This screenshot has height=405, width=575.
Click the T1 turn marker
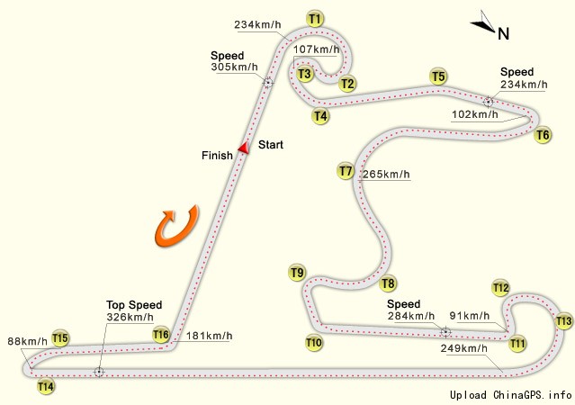click(x=315, y=19)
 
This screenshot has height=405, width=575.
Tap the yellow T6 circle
click(x=543, y=135)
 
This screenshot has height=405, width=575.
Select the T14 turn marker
click(x=46, y=386)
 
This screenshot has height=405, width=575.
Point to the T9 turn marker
click(x=297, y=273)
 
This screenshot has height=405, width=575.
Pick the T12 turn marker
click(x=500, y=288)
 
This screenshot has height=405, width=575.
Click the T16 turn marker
click(x=160, y=334)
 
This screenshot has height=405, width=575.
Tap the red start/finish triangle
click(x=244, y=148)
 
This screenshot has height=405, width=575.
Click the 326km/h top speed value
click(x=130, y=317)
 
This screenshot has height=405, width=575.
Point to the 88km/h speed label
click(x=28, y=341)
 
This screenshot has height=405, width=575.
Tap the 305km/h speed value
click(x=234, y=67)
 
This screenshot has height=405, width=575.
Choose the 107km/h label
click(x=316, y=49)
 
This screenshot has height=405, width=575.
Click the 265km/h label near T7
click(x=386, y=174)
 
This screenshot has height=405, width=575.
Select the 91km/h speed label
click(x=470, y=316)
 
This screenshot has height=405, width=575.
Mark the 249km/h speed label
click(x=464, y=348)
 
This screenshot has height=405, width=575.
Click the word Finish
click(x=217, y=155)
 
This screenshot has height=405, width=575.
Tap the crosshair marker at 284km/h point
click(x=445, y=332)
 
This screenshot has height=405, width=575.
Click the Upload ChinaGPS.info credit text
click(x=511, y=395)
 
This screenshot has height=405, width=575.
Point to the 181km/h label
click(x=209, y=336)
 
